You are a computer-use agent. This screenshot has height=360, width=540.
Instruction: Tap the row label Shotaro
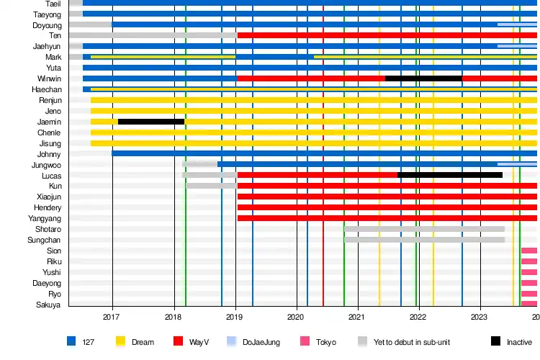coord(48,229)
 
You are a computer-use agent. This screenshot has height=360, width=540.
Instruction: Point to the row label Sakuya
coord(49,305)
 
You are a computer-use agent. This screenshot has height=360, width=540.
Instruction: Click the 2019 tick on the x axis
coord(235,316)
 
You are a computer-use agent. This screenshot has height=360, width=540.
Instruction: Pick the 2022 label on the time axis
coord(419,316)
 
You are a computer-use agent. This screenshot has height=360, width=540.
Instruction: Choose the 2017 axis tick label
coord(112,316)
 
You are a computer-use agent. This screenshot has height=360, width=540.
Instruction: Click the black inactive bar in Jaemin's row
coord(151,122)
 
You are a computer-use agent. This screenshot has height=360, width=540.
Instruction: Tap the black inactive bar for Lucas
coord(450,175)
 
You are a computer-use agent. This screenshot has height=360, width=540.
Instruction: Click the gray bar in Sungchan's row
coord(424,240)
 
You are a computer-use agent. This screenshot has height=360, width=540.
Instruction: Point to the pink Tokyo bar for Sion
coord(529,251)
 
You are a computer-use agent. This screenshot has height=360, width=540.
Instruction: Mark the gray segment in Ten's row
coord(153,35)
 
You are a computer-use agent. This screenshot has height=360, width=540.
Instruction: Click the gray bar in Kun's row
coord(212,186)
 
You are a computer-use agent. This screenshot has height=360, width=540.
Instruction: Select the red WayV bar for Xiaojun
coord(387,197)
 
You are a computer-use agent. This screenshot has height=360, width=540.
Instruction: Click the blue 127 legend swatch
coord(71,341)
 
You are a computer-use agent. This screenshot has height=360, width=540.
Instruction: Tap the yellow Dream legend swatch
coord(121,341)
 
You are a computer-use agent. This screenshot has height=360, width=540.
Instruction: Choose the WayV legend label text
coord(199,342)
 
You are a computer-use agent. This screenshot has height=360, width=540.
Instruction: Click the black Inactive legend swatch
coord(495,341)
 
